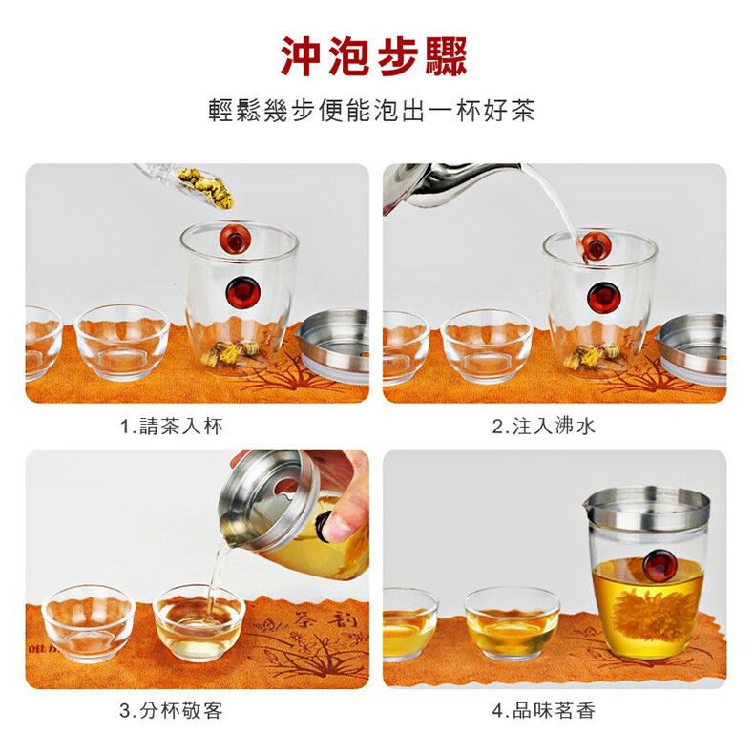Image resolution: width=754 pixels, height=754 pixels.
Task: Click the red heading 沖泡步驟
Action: (373, 56)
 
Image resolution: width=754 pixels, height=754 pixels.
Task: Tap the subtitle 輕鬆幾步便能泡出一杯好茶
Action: (371, 111)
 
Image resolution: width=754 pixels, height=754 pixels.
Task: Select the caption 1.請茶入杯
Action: (171, 427)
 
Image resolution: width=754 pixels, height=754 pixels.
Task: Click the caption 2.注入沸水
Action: (543, 427)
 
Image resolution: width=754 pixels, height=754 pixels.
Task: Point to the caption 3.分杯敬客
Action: (171, 711)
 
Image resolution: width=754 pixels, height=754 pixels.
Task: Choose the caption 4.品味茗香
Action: (543, 711)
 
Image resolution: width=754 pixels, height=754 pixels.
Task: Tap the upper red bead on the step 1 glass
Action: (235, 238)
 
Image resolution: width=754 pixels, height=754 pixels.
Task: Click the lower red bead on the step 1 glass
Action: (242, 293)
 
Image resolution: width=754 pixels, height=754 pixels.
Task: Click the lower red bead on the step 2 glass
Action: (603, 296)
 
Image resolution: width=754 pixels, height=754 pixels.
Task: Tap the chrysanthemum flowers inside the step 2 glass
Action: (592, 357)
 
